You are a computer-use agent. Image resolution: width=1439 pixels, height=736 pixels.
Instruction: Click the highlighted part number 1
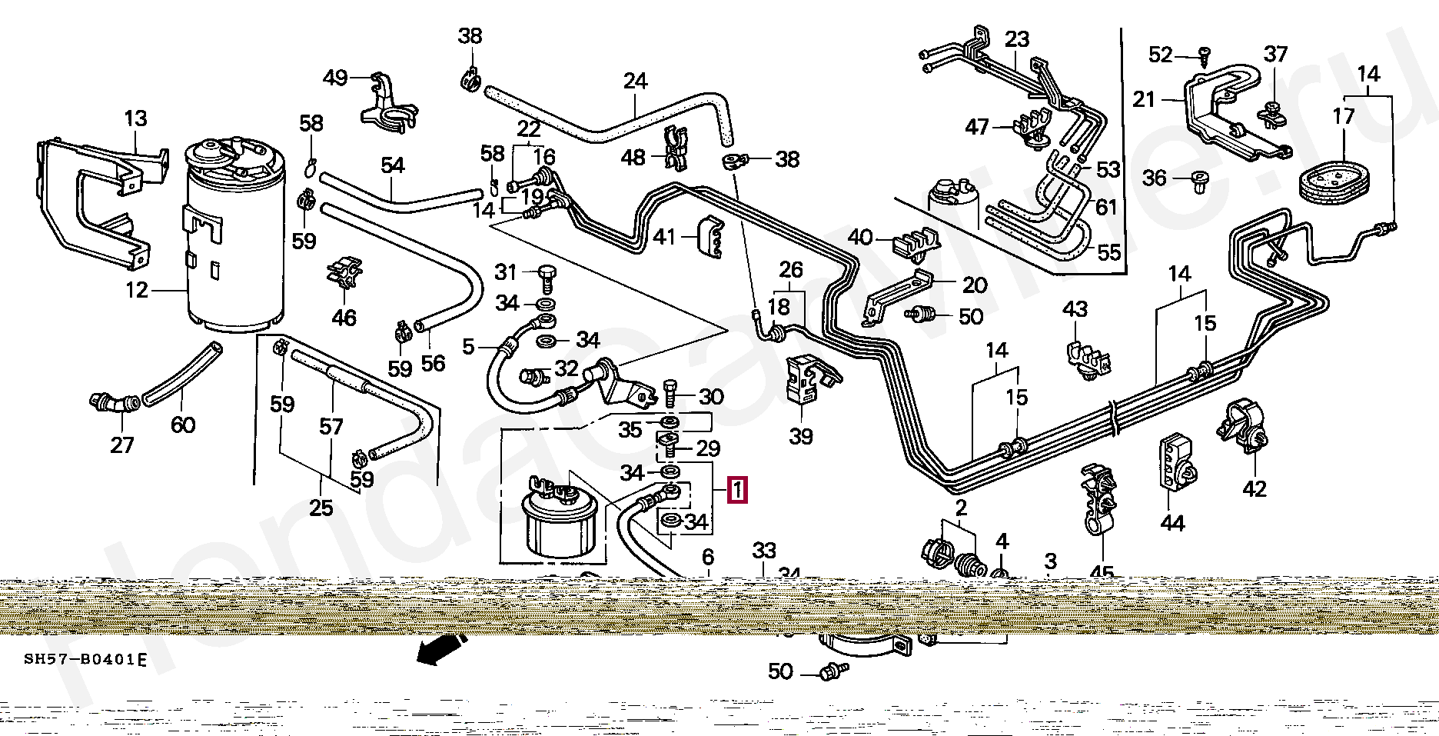pos(736,490)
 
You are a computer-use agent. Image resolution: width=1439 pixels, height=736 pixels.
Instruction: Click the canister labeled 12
pos(234,238)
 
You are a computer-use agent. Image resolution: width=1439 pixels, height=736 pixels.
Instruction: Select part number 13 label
pos(135,118)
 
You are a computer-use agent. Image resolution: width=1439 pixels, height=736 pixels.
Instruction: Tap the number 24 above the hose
pos(635,81)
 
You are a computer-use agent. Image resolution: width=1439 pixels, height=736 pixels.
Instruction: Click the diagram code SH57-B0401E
pos(85,659)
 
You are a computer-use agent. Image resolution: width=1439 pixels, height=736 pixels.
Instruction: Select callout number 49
pos(335,78)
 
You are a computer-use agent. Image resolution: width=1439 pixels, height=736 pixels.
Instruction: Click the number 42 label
pos(1254,488)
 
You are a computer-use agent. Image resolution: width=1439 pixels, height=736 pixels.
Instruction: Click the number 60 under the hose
pos(183,425)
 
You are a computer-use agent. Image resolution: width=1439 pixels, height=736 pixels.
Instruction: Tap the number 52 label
pos(1160,55)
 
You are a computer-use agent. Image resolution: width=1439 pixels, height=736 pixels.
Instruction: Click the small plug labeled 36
pos(1197,181)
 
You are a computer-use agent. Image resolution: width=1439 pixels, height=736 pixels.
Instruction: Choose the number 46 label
pos(344,317)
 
